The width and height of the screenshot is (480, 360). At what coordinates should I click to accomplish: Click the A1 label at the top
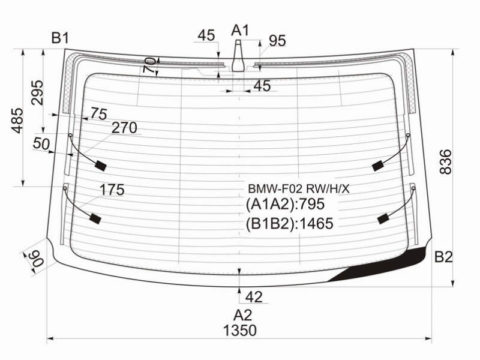coord(241,31)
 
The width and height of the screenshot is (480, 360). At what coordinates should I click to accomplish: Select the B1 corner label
coord(60,38)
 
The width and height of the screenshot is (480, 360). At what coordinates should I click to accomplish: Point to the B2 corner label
coord(443,257)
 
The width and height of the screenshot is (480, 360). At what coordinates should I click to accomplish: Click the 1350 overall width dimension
coord(239,331)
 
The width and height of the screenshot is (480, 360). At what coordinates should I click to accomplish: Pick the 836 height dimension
coord(445,161)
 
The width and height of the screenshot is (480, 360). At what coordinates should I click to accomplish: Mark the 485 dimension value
coord(17,121)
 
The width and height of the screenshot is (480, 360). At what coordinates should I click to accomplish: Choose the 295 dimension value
coord(37,92)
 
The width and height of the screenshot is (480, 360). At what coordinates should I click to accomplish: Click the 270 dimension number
coord(124,128)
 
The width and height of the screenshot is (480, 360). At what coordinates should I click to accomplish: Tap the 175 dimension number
coord(112,190)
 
